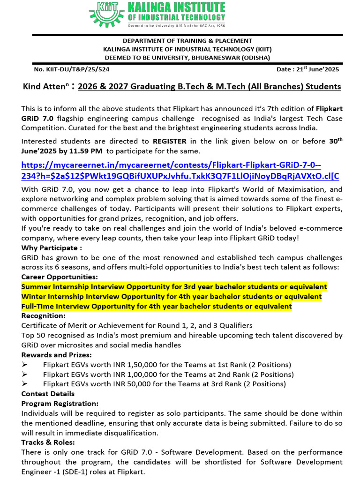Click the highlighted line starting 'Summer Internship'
tap(174, 286)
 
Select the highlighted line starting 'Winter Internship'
tap(172, 296)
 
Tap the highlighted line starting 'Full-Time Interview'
tap(157, 306)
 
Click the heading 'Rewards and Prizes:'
tap(56, 355)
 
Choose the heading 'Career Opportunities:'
tap(60, 277)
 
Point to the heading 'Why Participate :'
tap(52, 247)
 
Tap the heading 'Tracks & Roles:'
tap(48, 442)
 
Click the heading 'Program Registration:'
tap(60, 403)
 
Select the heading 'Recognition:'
tap(43, 316)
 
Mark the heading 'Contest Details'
tap(48, 394)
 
